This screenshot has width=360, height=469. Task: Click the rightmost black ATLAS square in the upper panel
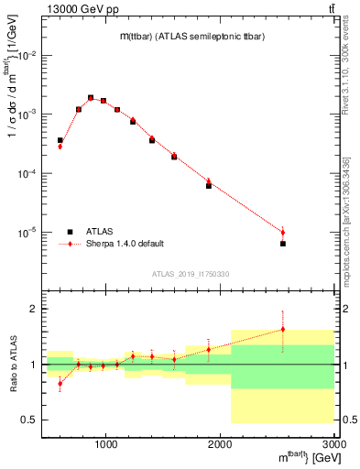pyautogui.click(x=282, y=244)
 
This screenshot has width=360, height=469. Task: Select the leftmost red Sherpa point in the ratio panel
pyautogui.click(x=60, y=384)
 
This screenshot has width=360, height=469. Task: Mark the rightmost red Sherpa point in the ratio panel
pyautogui.click(x=282, y=330)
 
